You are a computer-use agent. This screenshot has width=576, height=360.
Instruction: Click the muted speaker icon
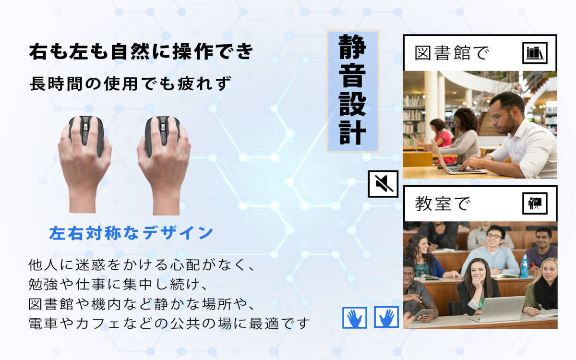tap(383, 184)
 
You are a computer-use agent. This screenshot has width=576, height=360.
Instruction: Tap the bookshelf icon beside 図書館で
tap(534, 52)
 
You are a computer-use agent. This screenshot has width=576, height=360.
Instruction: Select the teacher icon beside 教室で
tap(534, 204)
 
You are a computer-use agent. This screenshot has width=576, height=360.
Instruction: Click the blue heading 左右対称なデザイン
tap(131, 233)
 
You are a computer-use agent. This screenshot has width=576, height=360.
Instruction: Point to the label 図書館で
tap(452, 53)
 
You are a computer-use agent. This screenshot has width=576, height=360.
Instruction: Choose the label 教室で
tap(442, 204)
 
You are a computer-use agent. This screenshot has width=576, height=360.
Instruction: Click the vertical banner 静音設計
tap(353, 91)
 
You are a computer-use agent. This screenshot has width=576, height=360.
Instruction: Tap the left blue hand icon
tap(355, 317)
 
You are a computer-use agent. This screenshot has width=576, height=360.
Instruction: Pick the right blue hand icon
tap(386, 317)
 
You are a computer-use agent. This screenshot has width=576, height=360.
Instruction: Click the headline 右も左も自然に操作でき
tap(141, 52)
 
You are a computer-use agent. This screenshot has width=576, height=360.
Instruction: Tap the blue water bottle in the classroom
tap(525, 266)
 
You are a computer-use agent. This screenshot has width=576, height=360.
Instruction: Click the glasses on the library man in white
tap(499, 116)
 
